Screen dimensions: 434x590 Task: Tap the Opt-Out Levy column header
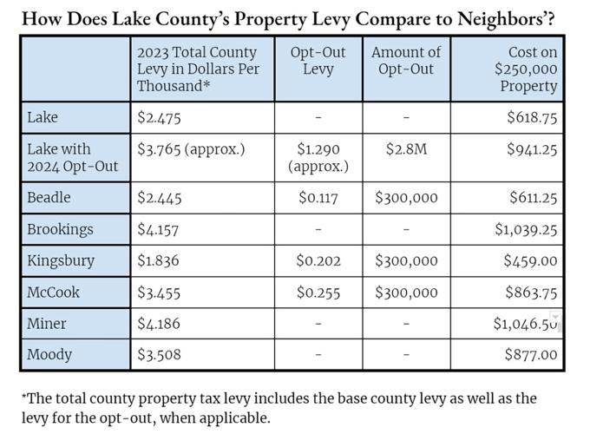pos(318,61)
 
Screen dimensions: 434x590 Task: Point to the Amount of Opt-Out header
pos(406,61)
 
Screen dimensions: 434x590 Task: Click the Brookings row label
pos(60,229)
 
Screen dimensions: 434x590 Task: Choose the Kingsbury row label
pos(61,260)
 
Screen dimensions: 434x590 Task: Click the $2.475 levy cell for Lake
pos(159,117)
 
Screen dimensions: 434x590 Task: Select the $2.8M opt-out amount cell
pos(406,149)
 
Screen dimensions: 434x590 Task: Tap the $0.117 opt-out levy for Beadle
pos(318,198)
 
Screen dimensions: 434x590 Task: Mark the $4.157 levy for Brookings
pos(159,229)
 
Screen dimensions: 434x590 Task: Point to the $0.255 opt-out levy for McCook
pos(318,292)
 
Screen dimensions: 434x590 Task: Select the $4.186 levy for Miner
pos(160,324)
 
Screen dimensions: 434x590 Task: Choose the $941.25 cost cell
pos(532,149)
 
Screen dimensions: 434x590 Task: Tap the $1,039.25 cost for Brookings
pos(525,229)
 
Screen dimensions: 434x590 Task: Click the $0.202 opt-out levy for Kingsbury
pos(318,260)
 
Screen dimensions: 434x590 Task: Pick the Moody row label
pos(50,354)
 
